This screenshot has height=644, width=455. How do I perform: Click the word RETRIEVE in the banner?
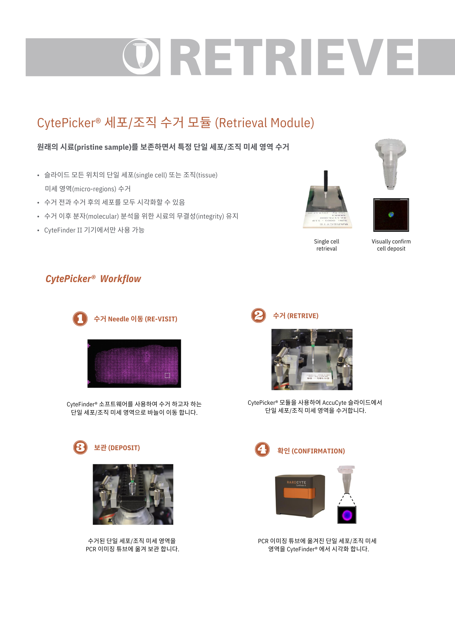[x=291, y=57]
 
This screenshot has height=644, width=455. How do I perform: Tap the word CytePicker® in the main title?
[x=69, y=123]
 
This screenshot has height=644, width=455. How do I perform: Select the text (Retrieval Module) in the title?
[x=264, y=123]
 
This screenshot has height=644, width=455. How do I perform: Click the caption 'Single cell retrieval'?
[x=326, y=245]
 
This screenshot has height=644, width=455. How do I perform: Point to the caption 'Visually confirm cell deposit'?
[x=391, y=245]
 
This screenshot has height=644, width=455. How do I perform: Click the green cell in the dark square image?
[x=391, y=214]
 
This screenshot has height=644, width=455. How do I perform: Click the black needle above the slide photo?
[x=326, y=180]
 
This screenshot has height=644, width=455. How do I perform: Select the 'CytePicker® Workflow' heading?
[x=93, y=279]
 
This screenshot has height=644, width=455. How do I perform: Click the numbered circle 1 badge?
[x=80, y=319]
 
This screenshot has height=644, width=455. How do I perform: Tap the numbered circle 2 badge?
[x=259, y=315]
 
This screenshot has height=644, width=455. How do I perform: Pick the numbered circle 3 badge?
[x=80, y=447]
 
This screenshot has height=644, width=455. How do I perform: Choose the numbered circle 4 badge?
[x=262, y=449]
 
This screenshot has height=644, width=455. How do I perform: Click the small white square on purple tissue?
[x=167, y=375]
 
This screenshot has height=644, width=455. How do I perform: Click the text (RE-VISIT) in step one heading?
[x=161, y=319]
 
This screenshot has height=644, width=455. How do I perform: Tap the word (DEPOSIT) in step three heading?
[x=124, y=448]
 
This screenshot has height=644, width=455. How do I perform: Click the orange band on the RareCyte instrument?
[x=299, y=493]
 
